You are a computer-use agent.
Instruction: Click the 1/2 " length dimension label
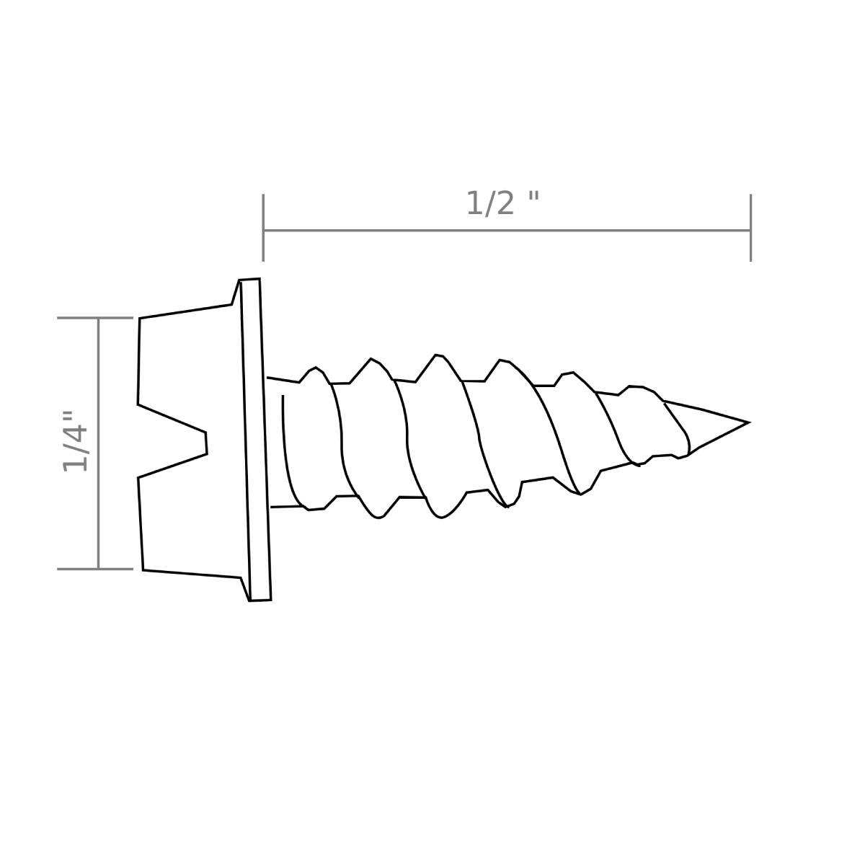pyautogui.click(x=502, y=203)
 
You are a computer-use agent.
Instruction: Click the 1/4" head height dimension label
pyautogui.click(x=75, y=441)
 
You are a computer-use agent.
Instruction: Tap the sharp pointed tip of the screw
pyautogui.click(x=747, y=422)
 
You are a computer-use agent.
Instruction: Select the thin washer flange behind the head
pyautogui.click(x=256, y=440)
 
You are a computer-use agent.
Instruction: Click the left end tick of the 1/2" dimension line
pyautogui.click(x=263, y=228)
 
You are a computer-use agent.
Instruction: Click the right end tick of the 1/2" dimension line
pyautogui.click(x=750, y=228)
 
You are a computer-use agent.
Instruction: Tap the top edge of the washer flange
pyautogui.click(x=249, y=280)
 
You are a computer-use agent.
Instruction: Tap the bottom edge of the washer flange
pyautogui.click(x=260, y=600)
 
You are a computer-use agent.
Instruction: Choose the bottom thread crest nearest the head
pyautogui.click(x=315, y=509)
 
